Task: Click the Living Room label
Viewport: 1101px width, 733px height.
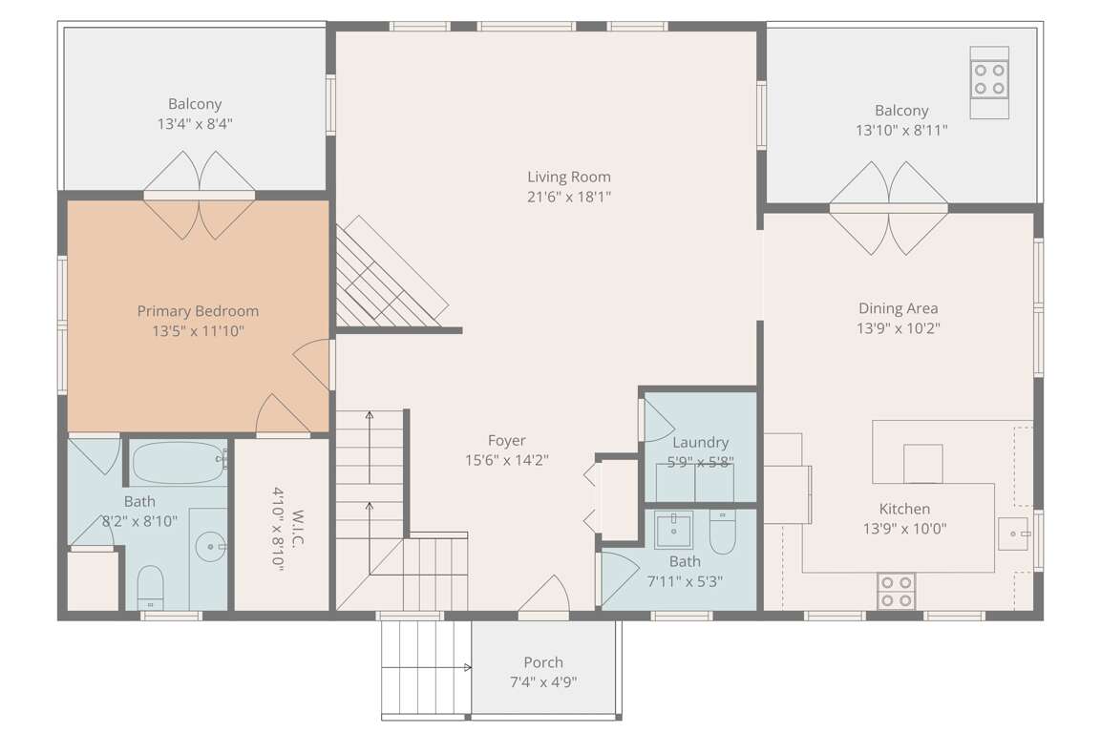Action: pyautogui.click(x=569, y=177)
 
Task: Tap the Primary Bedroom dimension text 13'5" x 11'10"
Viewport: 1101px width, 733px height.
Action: pyautogui.click(x=198, y=330)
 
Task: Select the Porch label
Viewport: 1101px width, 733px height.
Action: pyautogui.click(x=543, y=662)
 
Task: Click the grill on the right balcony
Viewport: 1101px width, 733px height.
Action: pyautogui.click(x=989, y=82)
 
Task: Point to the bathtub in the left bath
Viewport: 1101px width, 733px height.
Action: pyautogui.click(x=180, y=463)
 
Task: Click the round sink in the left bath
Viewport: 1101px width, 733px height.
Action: pyautogui.click(x=211, y=547)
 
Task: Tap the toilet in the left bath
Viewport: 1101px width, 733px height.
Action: pyautogui.click(x=150, y=587)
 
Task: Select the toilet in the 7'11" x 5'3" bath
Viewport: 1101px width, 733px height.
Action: pyautogui.click(x=722, y=533)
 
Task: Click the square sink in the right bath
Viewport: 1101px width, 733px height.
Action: pyautogui.click(x=673, y=530)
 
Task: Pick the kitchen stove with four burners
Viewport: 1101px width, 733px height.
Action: pyautogui.click(x=897, y=591)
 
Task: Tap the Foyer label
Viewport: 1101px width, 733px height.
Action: pyautogui.click(x=507, y=441)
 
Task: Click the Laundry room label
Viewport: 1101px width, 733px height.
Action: pyautogui.click(x=701, y=442)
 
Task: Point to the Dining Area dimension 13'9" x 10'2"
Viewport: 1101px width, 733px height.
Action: pyautogui.click(x=898, y=328)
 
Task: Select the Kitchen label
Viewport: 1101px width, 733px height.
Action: pyautogui.click(x=904, y=509)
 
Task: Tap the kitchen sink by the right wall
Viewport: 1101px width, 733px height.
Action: pyautogui.click(x=1014, y=534)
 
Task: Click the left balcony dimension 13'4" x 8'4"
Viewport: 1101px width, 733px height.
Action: pyautogui.click(x=195, y=124)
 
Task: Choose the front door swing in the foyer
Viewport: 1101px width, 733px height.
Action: pyautogui.click(x=545, y=595)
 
